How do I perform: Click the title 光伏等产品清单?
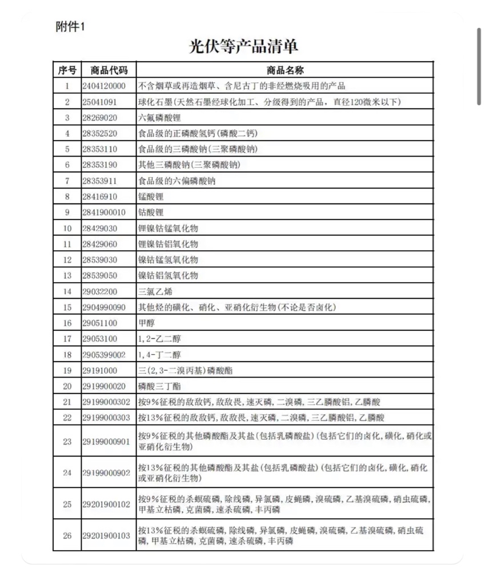(243, 46)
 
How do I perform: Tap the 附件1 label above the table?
(70, 27)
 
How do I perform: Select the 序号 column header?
(67, 70)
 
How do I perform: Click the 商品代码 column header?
(109, 70)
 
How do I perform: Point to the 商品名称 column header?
(284, 70)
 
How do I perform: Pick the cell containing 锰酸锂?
(151, 197)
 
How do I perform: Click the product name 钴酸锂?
(151, 213)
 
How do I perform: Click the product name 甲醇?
(147, 323)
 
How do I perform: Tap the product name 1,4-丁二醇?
(160, 355)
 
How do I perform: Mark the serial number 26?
(67, 535)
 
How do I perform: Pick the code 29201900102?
(106, 504)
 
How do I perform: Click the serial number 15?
(67, 307)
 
